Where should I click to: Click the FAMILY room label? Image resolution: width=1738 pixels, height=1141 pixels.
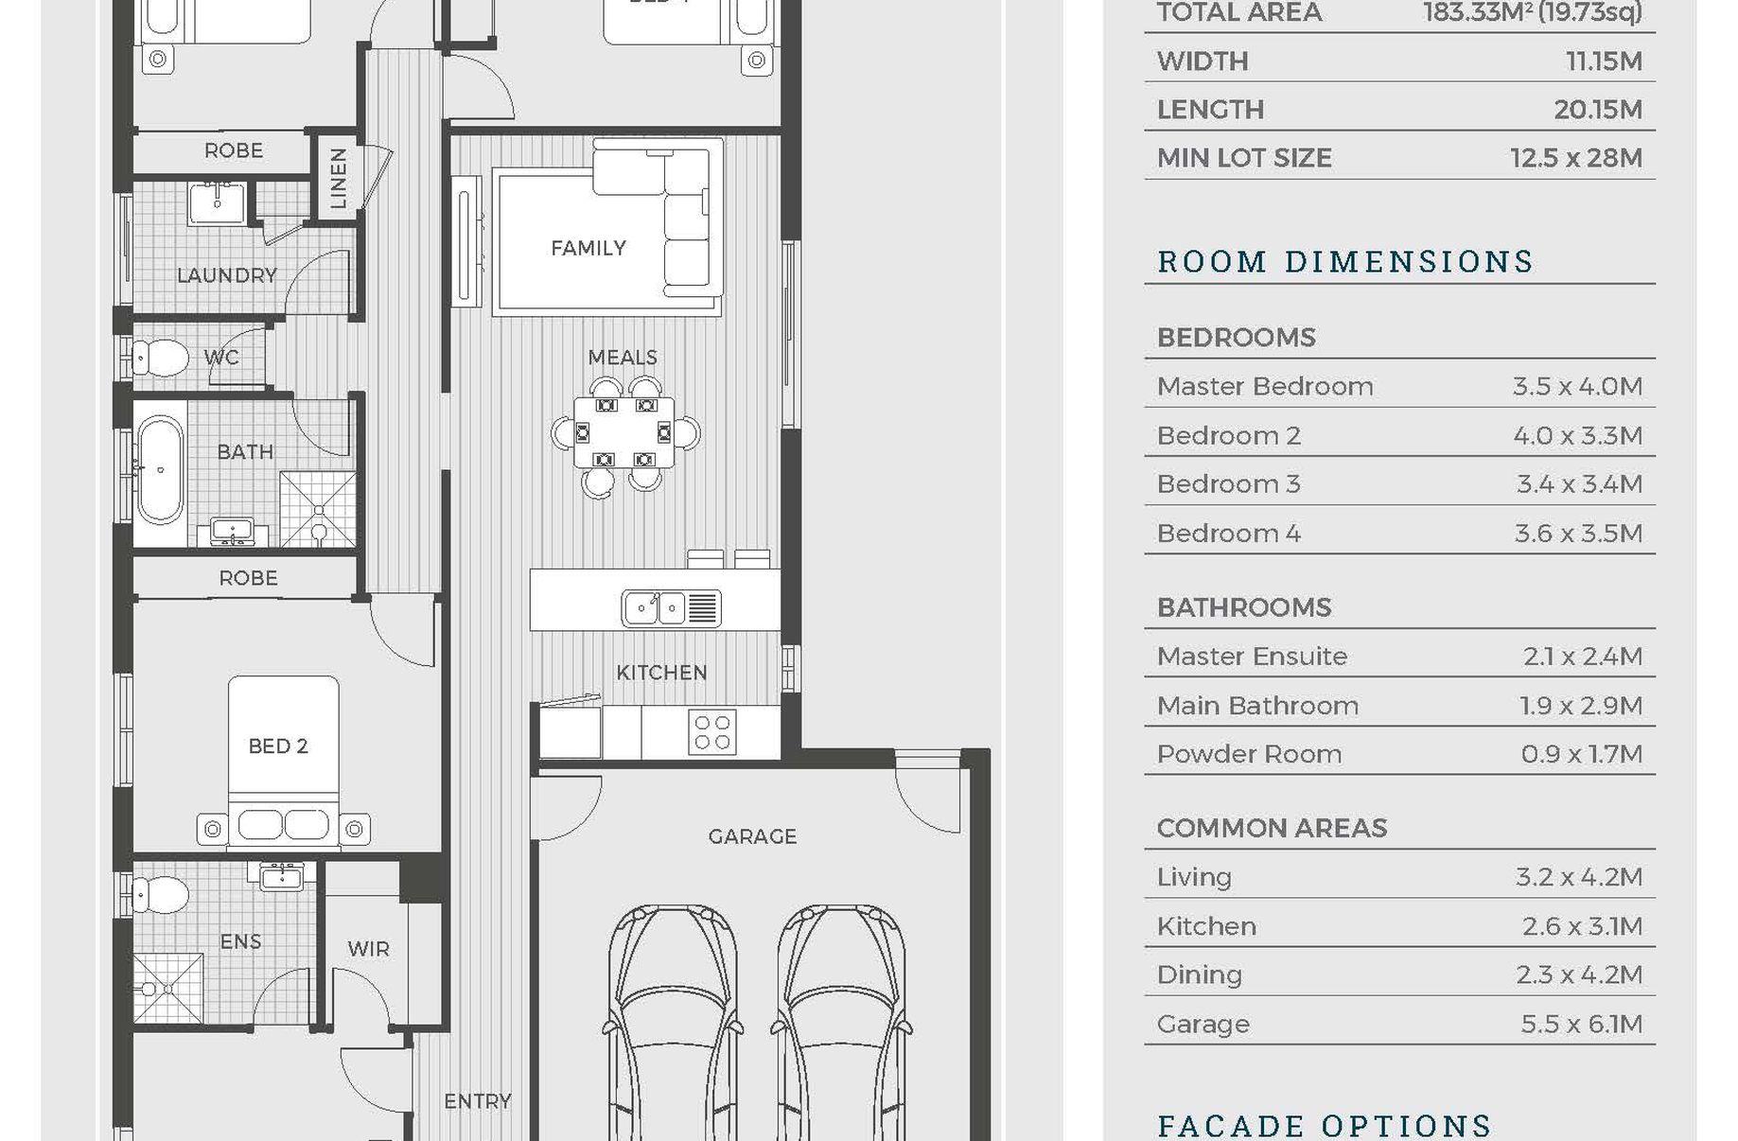[588, 248]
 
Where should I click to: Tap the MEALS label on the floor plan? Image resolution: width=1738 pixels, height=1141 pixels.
[623, 358]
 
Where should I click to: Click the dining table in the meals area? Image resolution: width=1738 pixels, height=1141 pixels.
[624, 432]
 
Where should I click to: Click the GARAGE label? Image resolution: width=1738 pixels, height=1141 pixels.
[752, 836]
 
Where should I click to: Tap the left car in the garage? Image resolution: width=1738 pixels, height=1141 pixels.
[672, 1022]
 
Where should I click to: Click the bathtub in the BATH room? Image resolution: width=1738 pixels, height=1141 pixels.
[160, 469]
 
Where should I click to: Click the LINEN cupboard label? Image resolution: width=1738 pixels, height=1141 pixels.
[338, 178]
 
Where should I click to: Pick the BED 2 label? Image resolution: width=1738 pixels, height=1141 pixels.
[278, 746]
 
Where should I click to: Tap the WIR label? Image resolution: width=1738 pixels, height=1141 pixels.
[368, 949]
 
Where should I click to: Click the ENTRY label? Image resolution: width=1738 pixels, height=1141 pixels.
[478, 1101]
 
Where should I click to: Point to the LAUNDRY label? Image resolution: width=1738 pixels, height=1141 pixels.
[227, 275]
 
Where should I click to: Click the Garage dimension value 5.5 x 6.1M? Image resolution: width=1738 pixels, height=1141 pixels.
[1581, 1024]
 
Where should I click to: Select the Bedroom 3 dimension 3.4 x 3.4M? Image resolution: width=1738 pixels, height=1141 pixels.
[1579, 484]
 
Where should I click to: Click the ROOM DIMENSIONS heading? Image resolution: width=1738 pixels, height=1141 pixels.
[1344, 261]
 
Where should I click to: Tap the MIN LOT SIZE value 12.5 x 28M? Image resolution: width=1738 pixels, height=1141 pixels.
[1576, 158]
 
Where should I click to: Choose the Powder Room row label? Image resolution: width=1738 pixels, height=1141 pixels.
[1249, 754]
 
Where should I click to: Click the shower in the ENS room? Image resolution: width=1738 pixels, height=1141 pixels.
[168, 989]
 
